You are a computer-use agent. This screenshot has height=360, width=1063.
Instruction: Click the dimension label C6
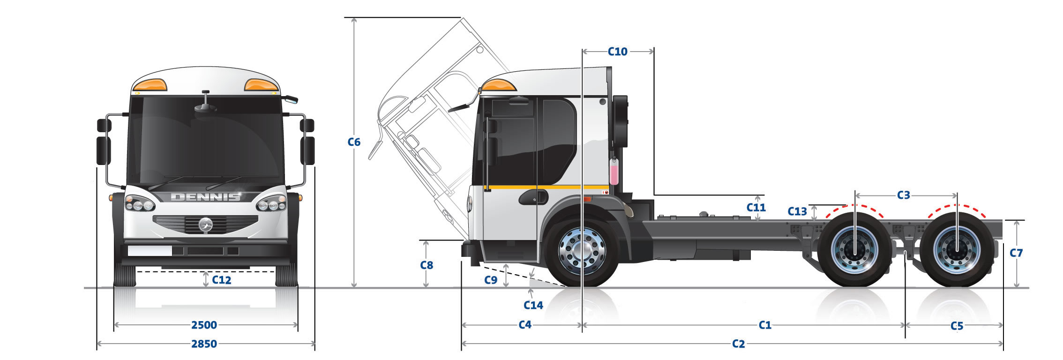tap(354, 142)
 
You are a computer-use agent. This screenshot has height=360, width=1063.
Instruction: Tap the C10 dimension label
tap(617, 52)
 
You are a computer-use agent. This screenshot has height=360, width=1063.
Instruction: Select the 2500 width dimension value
tap(204, 325)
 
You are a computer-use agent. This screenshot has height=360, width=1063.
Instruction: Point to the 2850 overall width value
tap(204, 344)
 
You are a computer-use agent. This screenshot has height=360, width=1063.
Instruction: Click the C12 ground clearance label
tap(222, 280)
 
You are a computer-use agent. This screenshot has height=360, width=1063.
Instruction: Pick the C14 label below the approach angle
tap(533, 305)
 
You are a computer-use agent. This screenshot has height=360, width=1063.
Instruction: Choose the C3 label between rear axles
tap(903, 195)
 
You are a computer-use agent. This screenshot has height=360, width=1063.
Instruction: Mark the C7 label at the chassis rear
tap(1016, 253)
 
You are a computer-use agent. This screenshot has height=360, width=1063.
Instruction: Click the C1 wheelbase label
tap(765, 325)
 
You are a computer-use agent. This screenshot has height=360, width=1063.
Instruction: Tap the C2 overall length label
tap(738, 344)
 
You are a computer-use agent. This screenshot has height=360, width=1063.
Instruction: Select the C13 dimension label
tap(797, 211)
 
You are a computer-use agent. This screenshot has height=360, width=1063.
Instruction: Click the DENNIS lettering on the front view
tap(206, 197)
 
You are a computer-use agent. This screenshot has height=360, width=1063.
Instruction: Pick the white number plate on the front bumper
tap(150, 251)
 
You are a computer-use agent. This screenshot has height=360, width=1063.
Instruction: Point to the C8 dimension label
tap(427, 265)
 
